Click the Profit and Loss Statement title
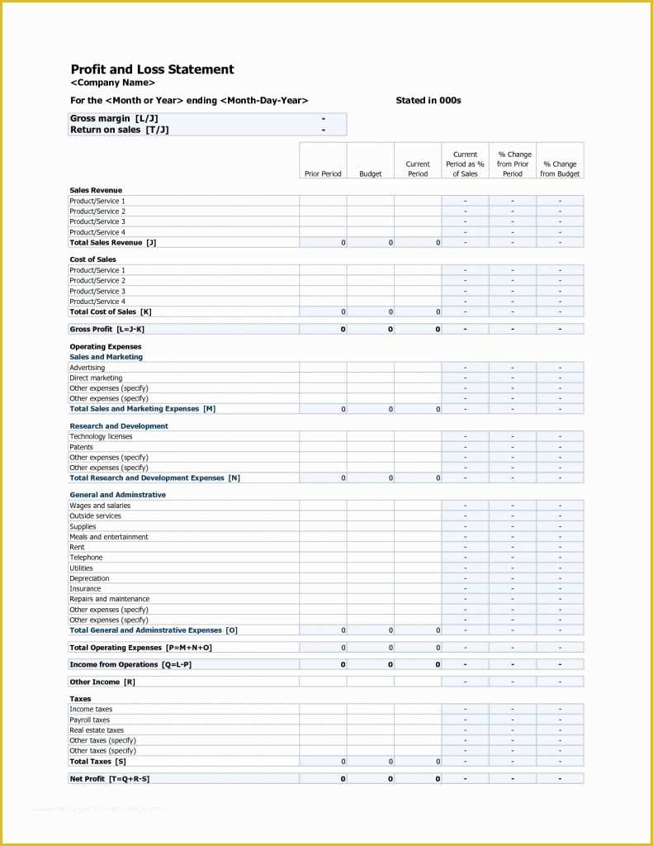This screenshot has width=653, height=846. pos(152,69)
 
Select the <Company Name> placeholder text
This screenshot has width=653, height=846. pos(112,83)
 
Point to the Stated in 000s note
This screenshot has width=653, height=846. pos(428,101)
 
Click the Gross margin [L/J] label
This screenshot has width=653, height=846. pos(114,119)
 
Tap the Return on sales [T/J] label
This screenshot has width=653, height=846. pos(119,130)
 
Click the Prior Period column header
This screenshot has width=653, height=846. pos(323,173)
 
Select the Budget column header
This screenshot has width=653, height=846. pos(371,173)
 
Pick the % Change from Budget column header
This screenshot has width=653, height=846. pos(560,169)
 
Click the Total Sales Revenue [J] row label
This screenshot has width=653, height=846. pos(112,243)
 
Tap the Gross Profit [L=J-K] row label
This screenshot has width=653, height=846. pos(106,329)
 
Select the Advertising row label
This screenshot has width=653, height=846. pos(88,368)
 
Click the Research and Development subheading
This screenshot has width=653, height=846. pos(118,426)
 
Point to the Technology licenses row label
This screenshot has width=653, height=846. pos(101,436)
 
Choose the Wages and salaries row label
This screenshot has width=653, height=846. pos(100,506)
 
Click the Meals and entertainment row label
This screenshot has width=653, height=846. pos(109,537)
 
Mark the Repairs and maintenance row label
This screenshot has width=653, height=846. pos(109,599)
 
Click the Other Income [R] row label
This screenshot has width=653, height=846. pos(102,682)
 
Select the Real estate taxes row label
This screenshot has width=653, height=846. pos(97,730)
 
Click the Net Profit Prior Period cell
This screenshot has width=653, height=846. pos(323,779)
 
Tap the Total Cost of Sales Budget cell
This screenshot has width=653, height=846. pos(371,312)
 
